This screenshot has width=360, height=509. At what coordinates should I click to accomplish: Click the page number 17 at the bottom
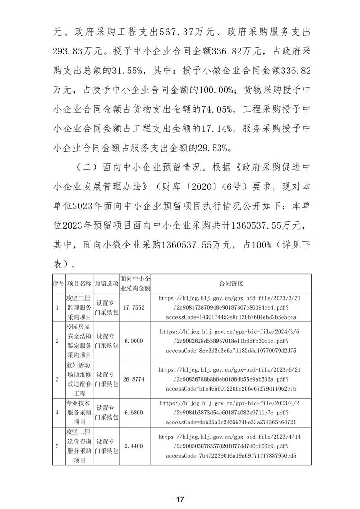[180, 487]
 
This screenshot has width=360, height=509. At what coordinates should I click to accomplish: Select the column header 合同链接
[231, 284]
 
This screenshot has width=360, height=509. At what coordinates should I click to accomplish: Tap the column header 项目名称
[79, 284]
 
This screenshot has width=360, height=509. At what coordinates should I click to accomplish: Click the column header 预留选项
[107, 284]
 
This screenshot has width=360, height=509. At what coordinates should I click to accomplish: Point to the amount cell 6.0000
[135, 341]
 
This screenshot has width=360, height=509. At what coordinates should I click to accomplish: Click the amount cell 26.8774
[135, 379]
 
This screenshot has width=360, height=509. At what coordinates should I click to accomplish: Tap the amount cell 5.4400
[135, 446]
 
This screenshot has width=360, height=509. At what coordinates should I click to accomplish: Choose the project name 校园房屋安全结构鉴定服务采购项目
[79, 341]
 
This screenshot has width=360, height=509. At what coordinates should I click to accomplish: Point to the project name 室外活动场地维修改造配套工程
[79, 379]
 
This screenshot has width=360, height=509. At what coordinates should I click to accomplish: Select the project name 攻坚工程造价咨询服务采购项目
[79, 446]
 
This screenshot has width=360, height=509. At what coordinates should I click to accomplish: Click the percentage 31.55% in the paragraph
[127, 71]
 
